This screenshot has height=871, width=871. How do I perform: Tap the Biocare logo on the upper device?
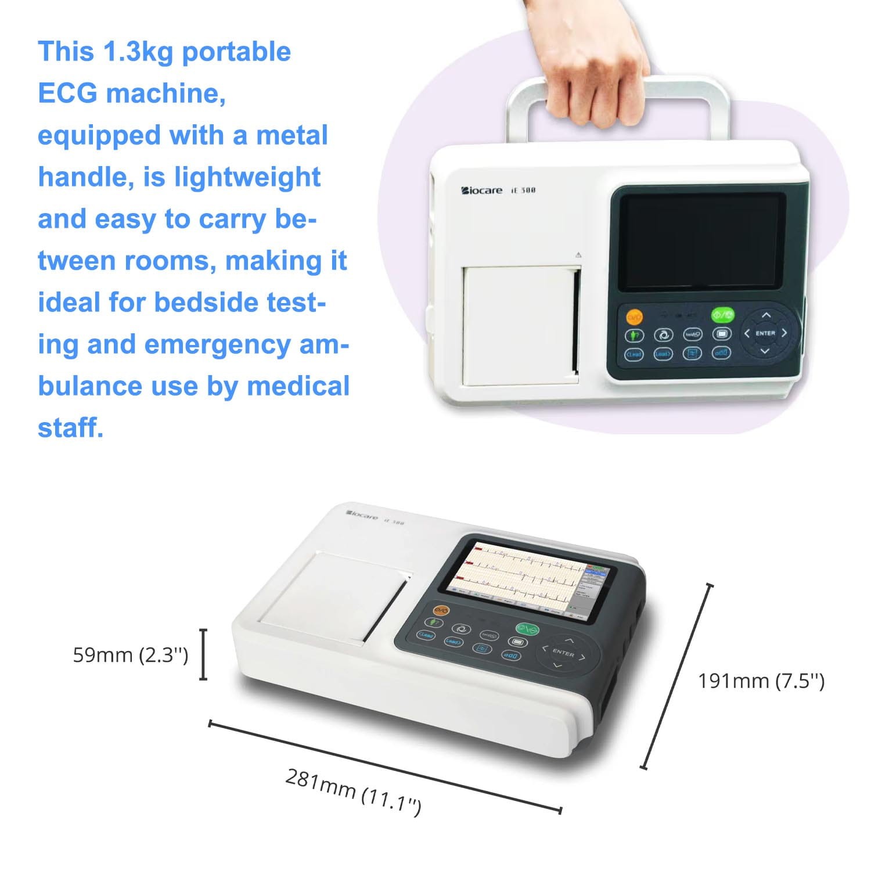coord(482,190)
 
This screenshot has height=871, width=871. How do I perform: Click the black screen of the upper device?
coord(701,242)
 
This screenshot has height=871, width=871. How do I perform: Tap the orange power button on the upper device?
coord(634,317)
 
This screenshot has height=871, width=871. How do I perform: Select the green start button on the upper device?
coord(722,315)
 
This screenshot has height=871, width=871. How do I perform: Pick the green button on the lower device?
coord(527,629)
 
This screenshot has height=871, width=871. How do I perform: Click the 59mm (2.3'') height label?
coord(130,655)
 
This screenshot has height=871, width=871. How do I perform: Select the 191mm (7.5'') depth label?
coord(761,681)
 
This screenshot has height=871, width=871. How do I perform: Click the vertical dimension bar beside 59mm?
coord(203,654)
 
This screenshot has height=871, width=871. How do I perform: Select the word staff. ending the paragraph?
coord(70,428)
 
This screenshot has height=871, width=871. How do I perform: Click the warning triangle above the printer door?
coord(578,255)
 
